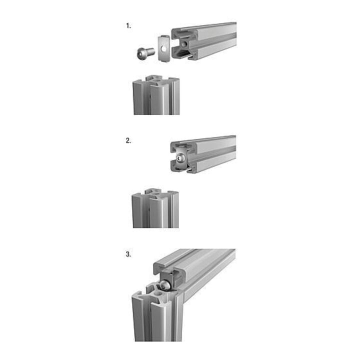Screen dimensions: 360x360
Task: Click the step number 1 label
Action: click(128, 26)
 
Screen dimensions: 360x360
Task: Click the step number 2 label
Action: click(128, 140)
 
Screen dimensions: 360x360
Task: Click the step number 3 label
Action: click(128, 254)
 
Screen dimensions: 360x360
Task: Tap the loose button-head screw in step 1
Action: click(145, 53)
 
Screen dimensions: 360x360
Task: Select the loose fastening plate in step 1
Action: click(164, 48)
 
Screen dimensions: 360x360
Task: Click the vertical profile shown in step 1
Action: click(156, 95)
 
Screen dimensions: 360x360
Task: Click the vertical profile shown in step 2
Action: click(155, 208)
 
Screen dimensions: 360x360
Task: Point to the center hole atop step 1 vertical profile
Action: click(155, 81)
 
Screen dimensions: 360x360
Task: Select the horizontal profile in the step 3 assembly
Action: click(194, 273)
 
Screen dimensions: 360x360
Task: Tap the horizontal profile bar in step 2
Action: click(203, 153)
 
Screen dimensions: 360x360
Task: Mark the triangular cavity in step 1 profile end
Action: click(182, 54)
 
